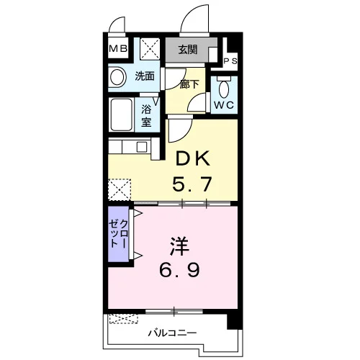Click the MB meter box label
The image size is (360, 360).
[x=118, y=49]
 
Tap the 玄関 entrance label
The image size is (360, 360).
[x=188, y=50]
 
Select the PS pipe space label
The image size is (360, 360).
[x=230, y=61]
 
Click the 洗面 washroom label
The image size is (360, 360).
[x=145, y=76]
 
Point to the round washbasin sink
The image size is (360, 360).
[x=117, y=77]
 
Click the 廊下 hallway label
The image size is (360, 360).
[x=189, y=84]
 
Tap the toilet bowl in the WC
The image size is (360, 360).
[x=224, y=88]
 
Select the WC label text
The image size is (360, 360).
[x=224, y=105]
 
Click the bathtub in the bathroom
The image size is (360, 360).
[x=122, y=114]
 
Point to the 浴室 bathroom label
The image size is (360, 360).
[x=146, y=116]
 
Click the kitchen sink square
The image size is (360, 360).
[x=142, y=147]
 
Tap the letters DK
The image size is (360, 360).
[x=193, y=158]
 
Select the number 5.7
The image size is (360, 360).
[x=192, y=184]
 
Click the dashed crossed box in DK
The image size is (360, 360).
[x=120, y=189]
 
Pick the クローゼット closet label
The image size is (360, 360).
[x=118, y=234]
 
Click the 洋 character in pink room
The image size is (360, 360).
[x=180, y=246]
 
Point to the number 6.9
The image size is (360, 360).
[x=179, y=270]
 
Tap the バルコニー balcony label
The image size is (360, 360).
[x=172, y=333]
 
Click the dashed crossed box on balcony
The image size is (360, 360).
[x=124, y=318]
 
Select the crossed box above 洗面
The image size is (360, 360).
[x=150, y=49]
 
